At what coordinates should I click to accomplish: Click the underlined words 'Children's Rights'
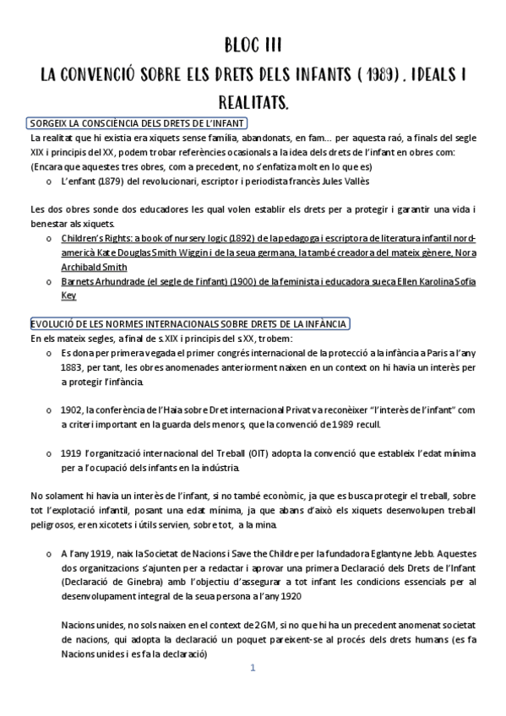point(97,238)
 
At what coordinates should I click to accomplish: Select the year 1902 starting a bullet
point(73,410)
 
